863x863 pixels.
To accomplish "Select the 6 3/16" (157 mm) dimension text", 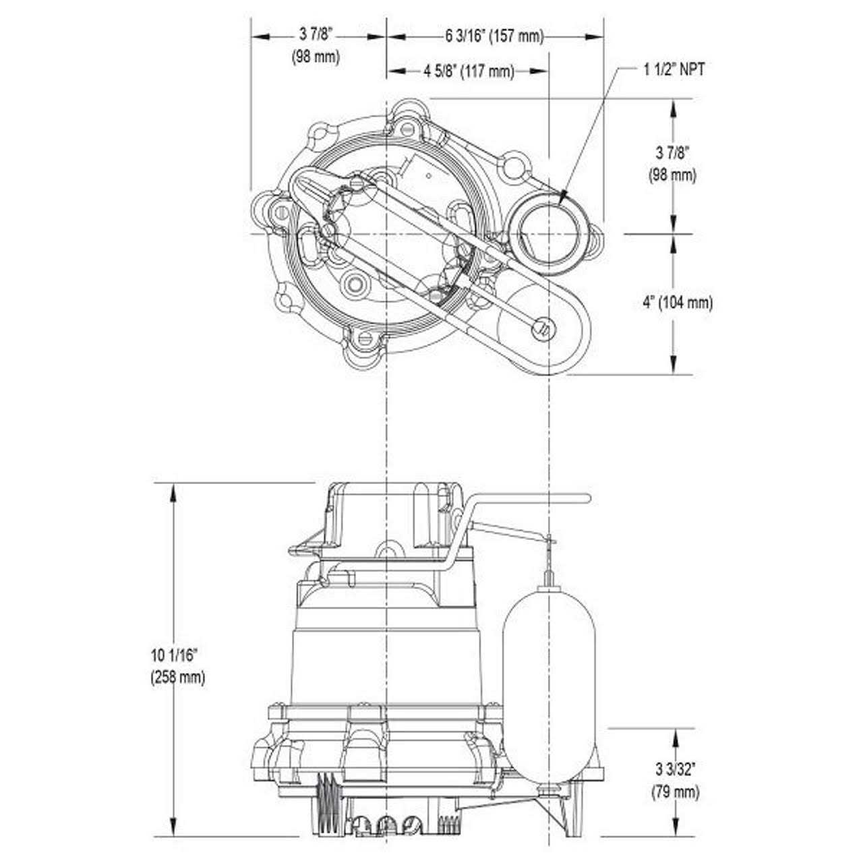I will coord(494,36).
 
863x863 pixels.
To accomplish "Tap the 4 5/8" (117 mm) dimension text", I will coord(469,71).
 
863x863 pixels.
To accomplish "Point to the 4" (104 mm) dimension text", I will coord(677,303).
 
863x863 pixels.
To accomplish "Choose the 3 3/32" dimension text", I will coord(676,769).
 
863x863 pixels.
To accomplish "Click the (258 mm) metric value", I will coord(177,677).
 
